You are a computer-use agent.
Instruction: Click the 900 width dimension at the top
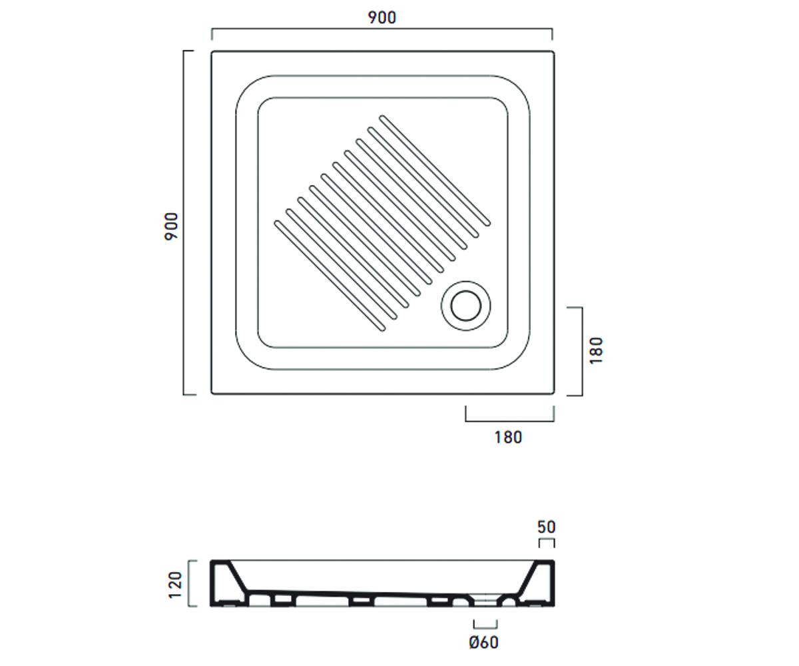[382, 17]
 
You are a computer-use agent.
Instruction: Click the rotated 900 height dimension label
[171, 226]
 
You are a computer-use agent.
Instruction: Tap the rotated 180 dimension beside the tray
[596, 350]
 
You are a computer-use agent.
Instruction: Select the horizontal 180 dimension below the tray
[508, 438]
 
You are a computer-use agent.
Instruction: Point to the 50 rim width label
[546, 527]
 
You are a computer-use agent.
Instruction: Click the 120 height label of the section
[175, 585]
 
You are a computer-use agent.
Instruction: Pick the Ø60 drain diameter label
[483, 643]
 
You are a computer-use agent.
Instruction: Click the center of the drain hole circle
[465, 306]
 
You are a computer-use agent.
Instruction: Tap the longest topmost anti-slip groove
[435, 170]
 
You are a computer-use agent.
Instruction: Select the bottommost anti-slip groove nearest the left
[330, 276]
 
